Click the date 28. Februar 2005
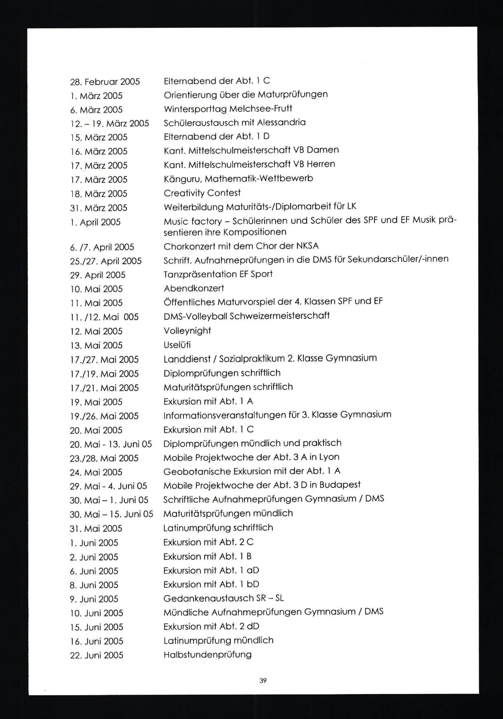click(x=105, y=82)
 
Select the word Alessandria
click(x=281, y=122)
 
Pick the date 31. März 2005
click(x=99, y=208)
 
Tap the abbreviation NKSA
click(x=307, y=246)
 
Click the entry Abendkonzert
click(x=194, y=288)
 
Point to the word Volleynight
click(x=187, y=331)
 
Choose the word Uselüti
click(x=177, y=345)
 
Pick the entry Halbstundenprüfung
click(x=207, y=655)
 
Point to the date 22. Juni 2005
click(x=97, y=655)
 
